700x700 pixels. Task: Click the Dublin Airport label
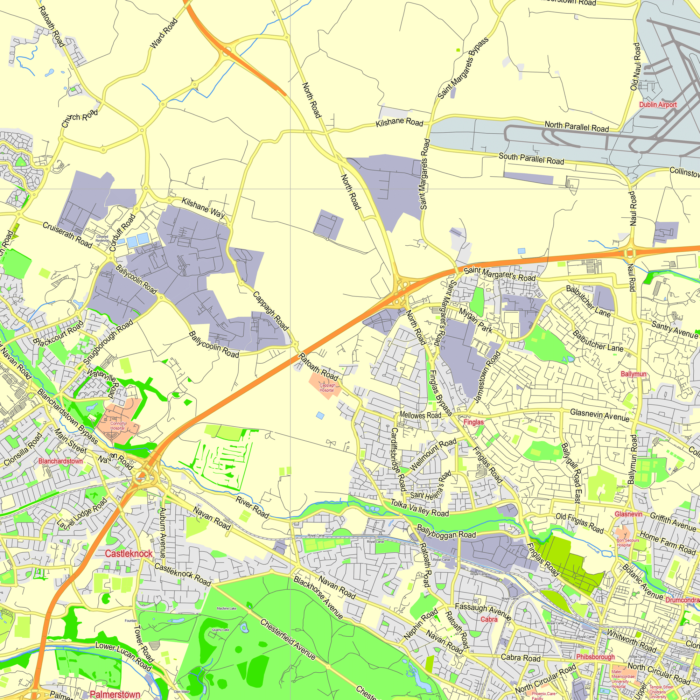(658, 105)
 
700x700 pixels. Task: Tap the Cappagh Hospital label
(327, 388)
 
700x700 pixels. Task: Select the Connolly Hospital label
(118, 426)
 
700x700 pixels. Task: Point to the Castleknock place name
(128, 554)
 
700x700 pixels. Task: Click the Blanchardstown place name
(61, 461)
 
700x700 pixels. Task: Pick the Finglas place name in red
(474, 422)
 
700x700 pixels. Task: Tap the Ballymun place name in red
(633, 374)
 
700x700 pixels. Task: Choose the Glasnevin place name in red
(628, 514)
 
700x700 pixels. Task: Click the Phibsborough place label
(595, 657)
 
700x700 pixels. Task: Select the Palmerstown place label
(115, 694)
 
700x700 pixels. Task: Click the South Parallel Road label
(531, 158)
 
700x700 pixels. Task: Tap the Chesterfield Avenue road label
(288, 639)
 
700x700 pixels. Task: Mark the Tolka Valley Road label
(420, 507)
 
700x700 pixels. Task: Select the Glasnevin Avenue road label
(600, 415)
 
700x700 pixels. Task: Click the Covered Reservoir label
(102, 238)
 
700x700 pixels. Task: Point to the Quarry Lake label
(220, 630)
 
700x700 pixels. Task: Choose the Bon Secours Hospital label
(628, 542)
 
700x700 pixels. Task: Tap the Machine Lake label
(226, 608)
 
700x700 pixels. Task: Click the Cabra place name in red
(489, 619)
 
